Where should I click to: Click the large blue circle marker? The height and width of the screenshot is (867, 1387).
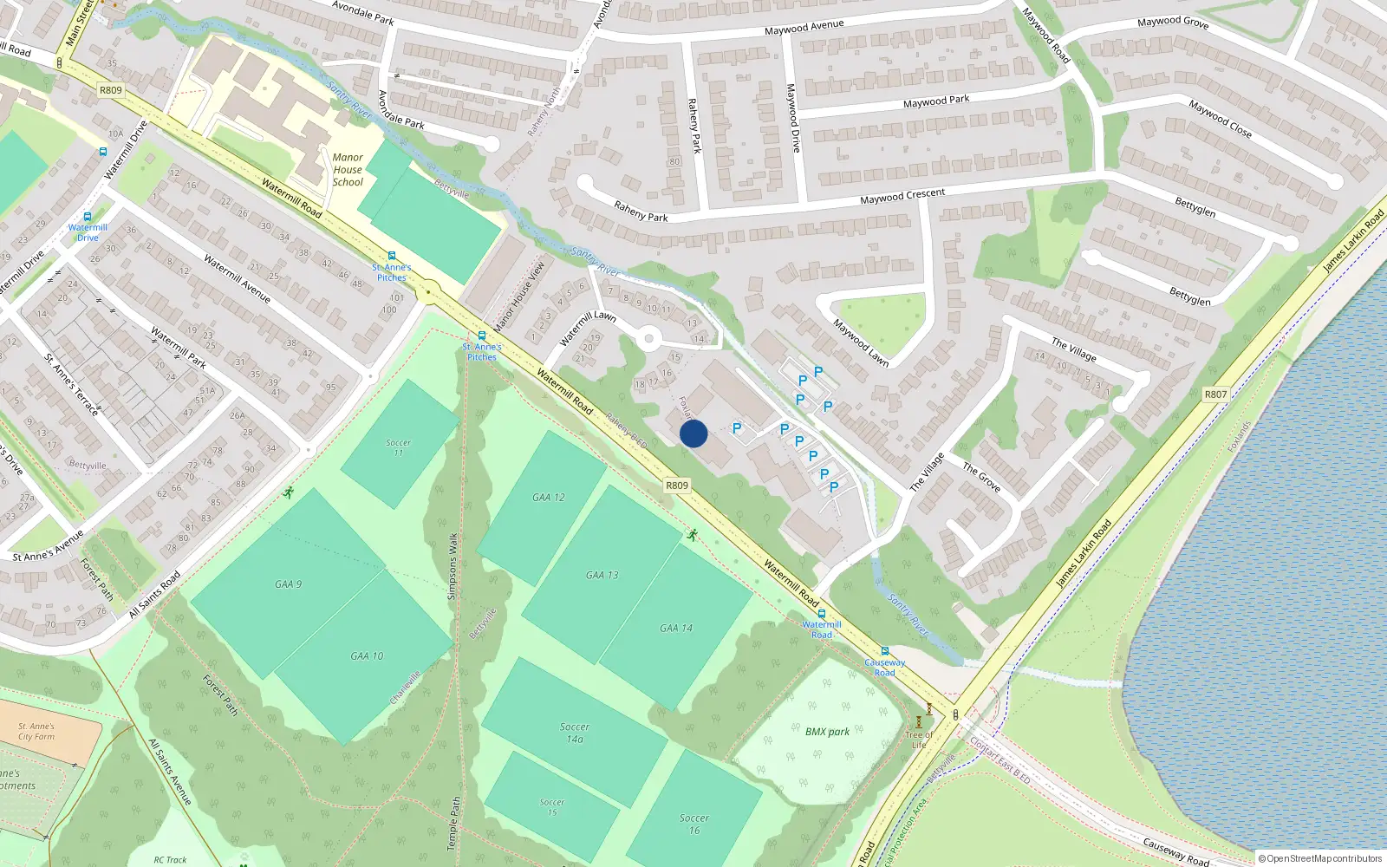693,433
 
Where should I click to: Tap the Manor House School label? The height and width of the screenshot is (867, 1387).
348,170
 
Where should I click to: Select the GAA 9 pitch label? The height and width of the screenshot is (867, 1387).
289,584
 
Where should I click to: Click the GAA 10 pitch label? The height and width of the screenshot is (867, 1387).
367,656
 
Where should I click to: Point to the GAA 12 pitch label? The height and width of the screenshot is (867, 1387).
549,498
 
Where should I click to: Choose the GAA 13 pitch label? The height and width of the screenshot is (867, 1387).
602,575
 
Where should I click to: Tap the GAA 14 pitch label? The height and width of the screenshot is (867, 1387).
676,628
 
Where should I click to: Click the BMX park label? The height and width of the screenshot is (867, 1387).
827,732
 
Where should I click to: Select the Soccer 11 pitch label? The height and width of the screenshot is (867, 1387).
399,447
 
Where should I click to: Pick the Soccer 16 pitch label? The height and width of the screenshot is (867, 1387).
693,824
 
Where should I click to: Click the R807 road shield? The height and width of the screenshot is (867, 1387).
1215,394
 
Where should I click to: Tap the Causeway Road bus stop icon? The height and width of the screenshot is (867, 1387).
884,651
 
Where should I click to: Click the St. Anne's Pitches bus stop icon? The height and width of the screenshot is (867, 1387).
482,336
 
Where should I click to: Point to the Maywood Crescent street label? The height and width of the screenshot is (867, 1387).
902,196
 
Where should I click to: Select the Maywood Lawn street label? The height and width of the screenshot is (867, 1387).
861,343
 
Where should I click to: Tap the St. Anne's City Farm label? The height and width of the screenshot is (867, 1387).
36,732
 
